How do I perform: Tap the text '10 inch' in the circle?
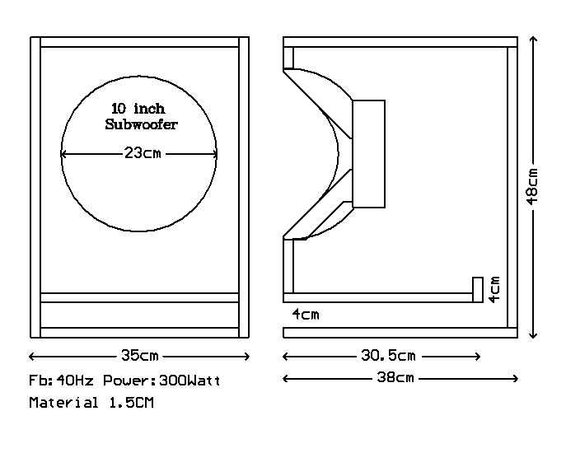point(138,109)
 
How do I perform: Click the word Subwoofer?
point(142,125)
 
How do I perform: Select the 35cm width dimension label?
point(139,357)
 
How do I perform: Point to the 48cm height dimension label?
point(533,186)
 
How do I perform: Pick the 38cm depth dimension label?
point(395,378)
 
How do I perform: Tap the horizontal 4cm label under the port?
point(305,315)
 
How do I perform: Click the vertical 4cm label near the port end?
point(493,289)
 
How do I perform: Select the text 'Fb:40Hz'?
point(54,381)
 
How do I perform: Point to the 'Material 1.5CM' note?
point(91,404)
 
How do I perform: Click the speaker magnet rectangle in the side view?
point(368,154)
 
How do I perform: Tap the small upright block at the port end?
point(476,290)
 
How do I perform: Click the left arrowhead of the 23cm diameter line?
point(63,154)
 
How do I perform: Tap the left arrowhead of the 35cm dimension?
point(32,357)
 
